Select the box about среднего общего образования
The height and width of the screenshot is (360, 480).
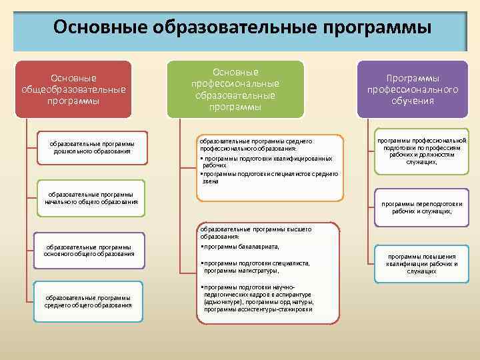pos(88,301)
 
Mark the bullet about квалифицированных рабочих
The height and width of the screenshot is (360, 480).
pos(267,162)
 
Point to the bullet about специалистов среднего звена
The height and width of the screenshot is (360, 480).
pos(271,177)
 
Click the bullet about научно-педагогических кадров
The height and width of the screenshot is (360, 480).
pos(257,298)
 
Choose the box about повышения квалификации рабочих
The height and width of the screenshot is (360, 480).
pos(421,263)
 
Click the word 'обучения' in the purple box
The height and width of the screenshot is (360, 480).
pos(413,101)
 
